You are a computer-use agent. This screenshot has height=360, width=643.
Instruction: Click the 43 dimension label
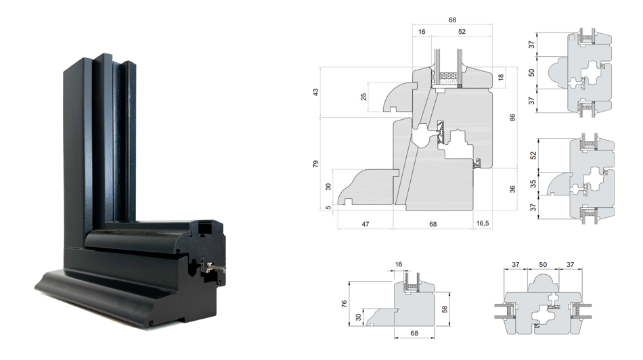(x=315, y=92)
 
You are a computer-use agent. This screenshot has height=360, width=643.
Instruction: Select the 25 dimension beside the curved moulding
(x=363, y=97)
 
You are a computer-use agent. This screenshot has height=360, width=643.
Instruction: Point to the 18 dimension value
(x=501, y=77)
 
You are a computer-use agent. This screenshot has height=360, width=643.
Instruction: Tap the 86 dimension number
(x=512, y=118)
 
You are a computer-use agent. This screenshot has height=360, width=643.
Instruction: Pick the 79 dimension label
(x=315, y=164)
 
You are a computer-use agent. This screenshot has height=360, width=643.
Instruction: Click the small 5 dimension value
(x=328, y=208)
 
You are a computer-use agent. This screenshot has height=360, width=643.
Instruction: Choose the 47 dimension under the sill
(x=365, y=224)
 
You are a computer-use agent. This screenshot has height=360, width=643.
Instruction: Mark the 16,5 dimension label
(x=483, y=223)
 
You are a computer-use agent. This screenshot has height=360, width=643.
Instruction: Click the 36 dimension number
(x=512, y=189)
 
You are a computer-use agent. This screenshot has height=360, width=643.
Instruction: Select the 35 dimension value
(x=533, y=183)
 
